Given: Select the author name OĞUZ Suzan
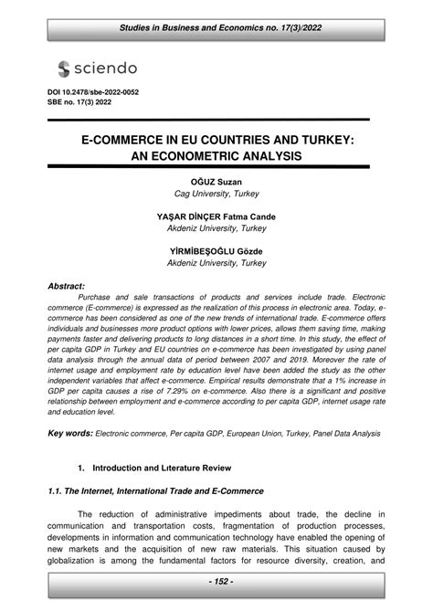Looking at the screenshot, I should point(216,183).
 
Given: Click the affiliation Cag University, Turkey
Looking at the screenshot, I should point(216,195).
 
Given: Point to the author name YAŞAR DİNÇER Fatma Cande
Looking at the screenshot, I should point(216,216).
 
